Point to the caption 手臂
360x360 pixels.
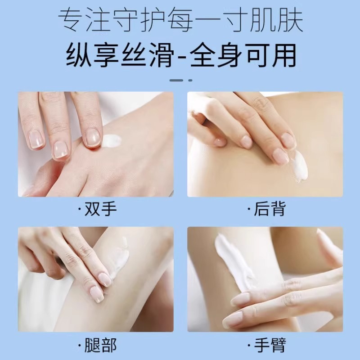[x=269, y=346]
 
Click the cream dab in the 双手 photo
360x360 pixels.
[x=112, y=141]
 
